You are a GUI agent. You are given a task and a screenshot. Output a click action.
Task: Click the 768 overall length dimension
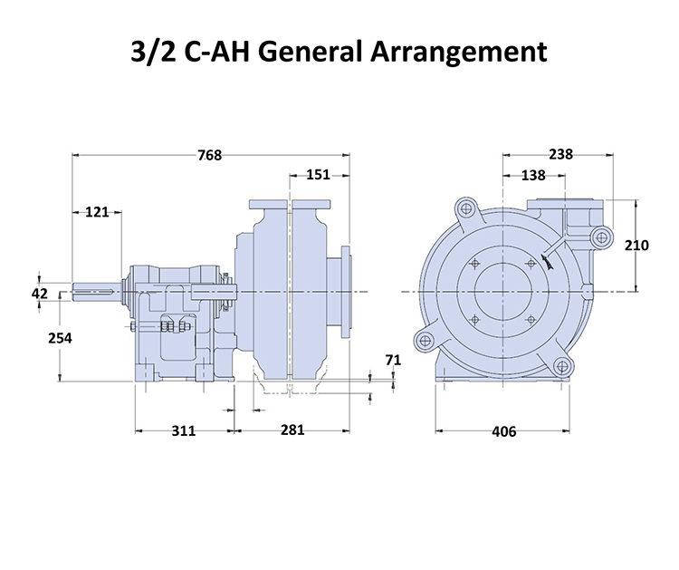point(210,155)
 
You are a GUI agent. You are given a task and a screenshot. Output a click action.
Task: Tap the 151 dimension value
point(319,175)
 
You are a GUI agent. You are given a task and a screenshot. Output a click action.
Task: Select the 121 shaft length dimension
point(97,212)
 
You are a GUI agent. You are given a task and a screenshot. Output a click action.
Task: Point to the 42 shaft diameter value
point(40,294)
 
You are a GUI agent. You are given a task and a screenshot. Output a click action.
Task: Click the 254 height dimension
point(60,338)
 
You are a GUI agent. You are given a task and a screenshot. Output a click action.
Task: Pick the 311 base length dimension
point(184,430)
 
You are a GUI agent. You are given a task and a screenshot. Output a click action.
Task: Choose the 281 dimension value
point(292,430)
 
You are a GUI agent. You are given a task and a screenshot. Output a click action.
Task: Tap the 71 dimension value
point(393,360)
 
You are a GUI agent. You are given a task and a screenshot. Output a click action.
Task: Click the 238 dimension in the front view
point(560,154)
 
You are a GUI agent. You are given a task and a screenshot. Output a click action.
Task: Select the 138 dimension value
point(533,175)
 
